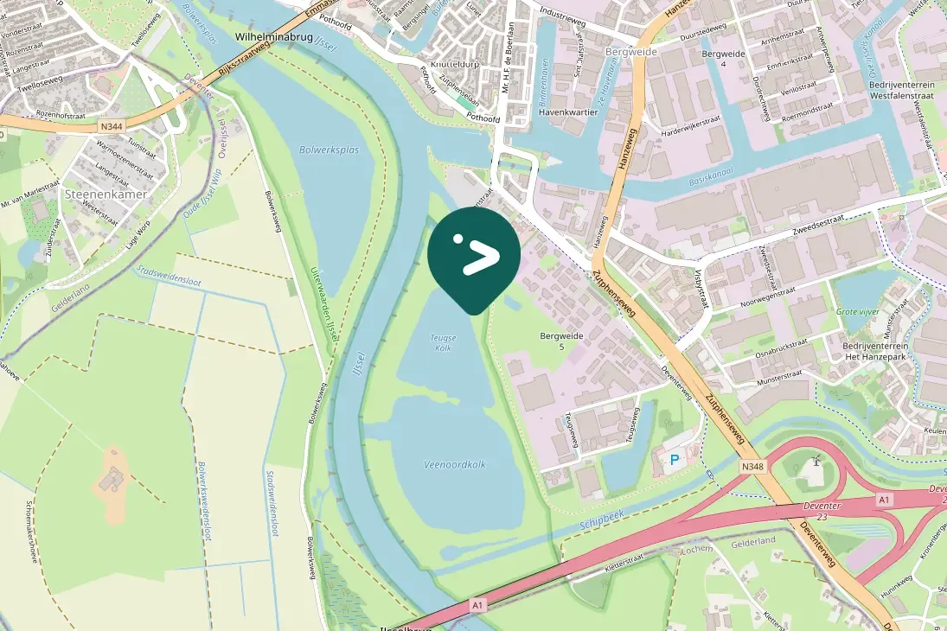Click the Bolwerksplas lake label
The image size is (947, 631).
pos(329,150)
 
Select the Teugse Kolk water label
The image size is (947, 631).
pos(441,342)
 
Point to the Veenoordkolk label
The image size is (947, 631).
pos(455,464)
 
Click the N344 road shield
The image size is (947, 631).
pos(111,126)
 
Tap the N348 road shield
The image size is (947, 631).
pos(752,466)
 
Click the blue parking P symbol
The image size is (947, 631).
pos(675,460)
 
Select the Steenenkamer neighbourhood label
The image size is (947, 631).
pos(106,194)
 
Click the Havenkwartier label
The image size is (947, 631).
pos(568,112)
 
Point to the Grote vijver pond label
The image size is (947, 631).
pos(858,311)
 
